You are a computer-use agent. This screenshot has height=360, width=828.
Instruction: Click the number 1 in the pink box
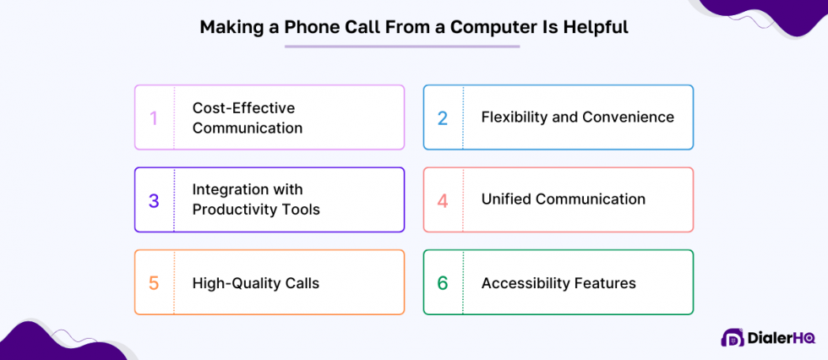pos(154,117)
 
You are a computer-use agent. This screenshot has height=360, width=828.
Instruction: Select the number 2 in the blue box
pos(443,117)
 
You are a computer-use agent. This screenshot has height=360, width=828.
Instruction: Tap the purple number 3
pos(154,200)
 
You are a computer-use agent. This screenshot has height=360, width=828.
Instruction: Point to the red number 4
pos(443,200)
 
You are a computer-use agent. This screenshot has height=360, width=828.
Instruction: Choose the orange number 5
pos(154,283)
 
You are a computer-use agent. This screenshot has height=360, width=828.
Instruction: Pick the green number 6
pos(443,283)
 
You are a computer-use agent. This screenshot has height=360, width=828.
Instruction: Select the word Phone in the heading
pos(310,27)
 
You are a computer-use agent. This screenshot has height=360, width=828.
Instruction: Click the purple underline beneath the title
pos(401,46)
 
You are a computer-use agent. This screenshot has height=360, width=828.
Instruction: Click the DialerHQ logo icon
pos(732,337)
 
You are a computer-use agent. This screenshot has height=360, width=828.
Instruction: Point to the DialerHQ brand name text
pos(782,338)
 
